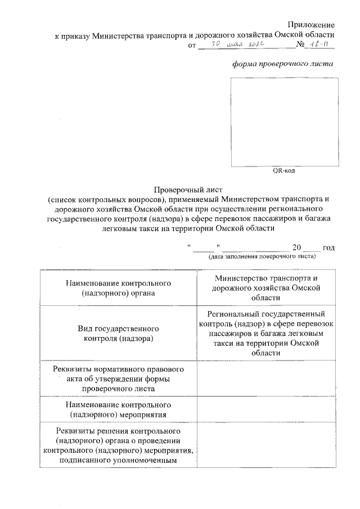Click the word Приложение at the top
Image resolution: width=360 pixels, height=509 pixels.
tap(311, 25)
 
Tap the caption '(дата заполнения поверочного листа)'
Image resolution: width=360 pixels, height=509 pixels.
tap(262, 256)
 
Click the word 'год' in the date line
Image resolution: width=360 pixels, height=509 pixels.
tap(329, 247)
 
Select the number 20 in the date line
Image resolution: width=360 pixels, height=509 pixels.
tap(297, 247)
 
